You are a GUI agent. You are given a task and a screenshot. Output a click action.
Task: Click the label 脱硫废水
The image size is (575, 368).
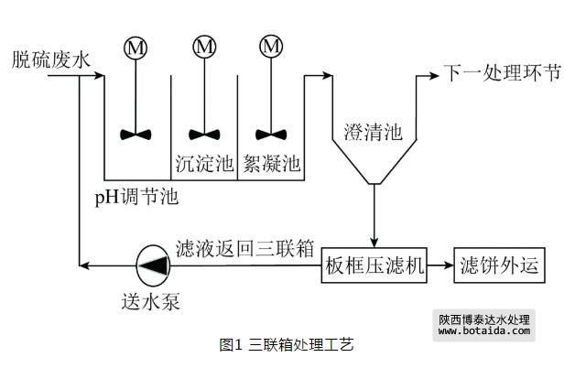[51, 61]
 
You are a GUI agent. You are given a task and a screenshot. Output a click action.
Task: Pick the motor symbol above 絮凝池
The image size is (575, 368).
[271, 47]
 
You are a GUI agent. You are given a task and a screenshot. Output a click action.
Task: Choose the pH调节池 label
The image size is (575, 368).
[136, 197]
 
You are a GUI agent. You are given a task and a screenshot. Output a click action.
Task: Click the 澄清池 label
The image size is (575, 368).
[373, 133]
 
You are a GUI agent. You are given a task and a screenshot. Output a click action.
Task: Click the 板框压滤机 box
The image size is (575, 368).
[374, 266]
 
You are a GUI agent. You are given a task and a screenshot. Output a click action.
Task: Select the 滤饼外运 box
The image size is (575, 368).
[501, 266]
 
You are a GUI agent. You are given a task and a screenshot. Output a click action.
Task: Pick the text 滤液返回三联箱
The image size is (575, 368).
[245, 248]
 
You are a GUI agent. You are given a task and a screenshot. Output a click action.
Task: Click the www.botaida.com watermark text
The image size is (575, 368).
[485, 331]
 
